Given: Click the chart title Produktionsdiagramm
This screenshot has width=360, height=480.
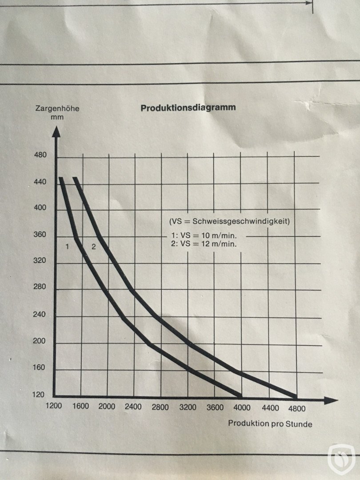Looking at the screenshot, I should click(188, 108).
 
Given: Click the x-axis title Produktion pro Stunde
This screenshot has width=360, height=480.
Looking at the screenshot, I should click(270, 424).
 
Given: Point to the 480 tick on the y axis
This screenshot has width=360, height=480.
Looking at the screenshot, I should click(40, 156).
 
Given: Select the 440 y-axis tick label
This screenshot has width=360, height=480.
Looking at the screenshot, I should click(40, 182).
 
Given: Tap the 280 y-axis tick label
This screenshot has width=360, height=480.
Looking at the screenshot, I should click(40, 287).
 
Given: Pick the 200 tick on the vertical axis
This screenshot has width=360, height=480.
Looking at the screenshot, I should click(40, 342).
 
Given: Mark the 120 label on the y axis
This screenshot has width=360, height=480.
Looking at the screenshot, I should click(40, 395).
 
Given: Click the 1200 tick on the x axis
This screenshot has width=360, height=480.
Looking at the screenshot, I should click(53, 406).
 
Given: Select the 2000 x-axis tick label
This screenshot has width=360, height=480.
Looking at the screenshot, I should click(107, 407).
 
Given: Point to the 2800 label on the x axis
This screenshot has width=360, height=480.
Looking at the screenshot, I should click(160, 407).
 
